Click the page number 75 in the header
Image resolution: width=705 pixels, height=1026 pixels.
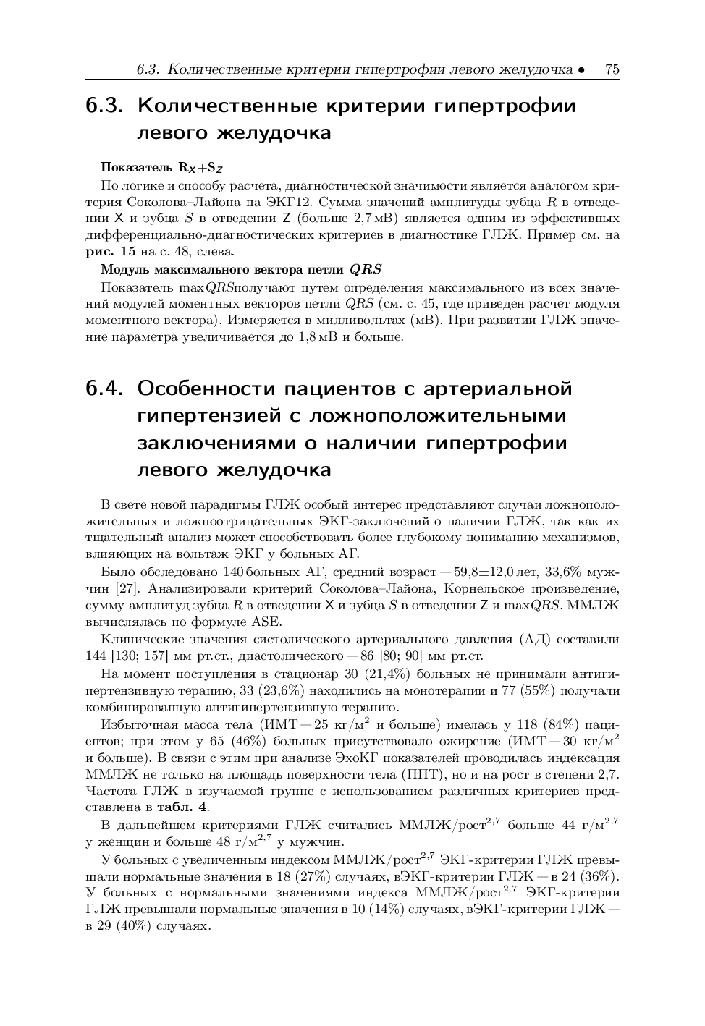point(612,69)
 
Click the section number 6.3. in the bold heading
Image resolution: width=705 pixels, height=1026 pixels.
point(104,106)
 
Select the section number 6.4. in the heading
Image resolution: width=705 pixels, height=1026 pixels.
point(104,389)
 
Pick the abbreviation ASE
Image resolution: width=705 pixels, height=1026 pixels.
point(266,622)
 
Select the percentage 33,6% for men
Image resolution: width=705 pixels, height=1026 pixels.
point(563,571)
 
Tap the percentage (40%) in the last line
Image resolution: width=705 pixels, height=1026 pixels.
point(132,926)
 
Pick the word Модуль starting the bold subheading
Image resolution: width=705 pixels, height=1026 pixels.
point(121,270)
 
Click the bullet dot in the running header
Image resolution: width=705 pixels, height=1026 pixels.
point(581,71)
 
